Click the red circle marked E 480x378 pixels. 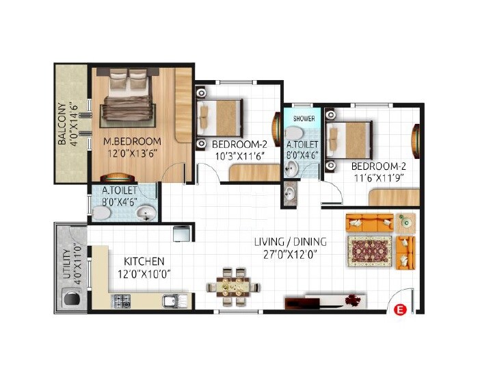coord(401,310)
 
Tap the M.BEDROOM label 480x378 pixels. coord(133,142)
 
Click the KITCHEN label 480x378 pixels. coord(144,262)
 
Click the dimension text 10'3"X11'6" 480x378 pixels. coord(239,156)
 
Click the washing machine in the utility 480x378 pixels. coord(71,298)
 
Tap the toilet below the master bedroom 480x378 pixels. coord(101,214)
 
